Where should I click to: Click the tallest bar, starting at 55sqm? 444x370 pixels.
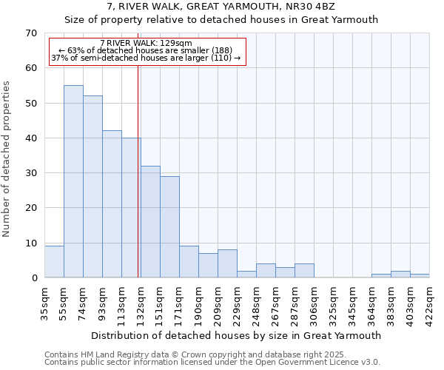coord(73,181)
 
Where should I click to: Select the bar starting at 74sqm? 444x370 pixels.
coord(92,186)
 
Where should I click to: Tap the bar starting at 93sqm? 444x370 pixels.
coord(112,204)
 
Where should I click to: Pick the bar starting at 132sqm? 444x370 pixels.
coord(150,222)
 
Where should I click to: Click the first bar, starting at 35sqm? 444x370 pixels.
coord(54,262)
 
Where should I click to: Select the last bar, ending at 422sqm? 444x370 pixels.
coord(420,276)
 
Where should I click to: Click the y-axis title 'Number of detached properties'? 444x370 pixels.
coord(7,160)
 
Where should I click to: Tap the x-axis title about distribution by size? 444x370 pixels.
coord(237,335)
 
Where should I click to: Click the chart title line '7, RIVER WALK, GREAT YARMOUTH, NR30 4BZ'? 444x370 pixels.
coord(221,7)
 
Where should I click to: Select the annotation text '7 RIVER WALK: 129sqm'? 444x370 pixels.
coord(146,43)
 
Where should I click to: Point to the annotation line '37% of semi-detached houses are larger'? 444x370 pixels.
coord(146,58)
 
